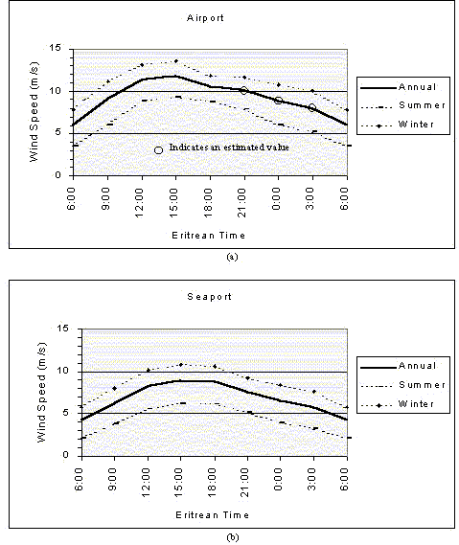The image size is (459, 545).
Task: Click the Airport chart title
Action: click(205, 18)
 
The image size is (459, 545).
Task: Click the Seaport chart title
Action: click(209, 297)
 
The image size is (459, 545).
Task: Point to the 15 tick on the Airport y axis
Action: click(55, 48)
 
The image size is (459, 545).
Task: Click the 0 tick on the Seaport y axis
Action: click(66, 455)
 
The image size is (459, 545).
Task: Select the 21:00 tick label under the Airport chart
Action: click(242, 203)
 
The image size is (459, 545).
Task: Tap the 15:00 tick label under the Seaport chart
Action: click(178, 482)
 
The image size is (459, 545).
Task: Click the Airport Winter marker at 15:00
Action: click(176, 61)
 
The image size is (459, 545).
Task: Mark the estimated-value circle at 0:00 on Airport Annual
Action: click(278, 101)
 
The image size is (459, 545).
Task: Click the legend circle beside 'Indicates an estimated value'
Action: click(158, 150)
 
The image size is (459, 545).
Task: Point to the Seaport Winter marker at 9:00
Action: click(115, 388)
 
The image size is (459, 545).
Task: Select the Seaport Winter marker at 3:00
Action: click(314, 392)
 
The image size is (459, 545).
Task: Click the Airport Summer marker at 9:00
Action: click(109, 125)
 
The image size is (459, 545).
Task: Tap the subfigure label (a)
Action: click(232, 257)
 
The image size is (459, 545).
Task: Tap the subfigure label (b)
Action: click(232, 537)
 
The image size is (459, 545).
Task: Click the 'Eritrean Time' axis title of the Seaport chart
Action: click(212, 514)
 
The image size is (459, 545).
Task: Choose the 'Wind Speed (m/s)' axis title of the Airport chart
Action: click(34, 111)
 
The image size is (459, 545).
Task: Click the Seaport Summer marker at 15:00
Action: click(183, 403)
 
